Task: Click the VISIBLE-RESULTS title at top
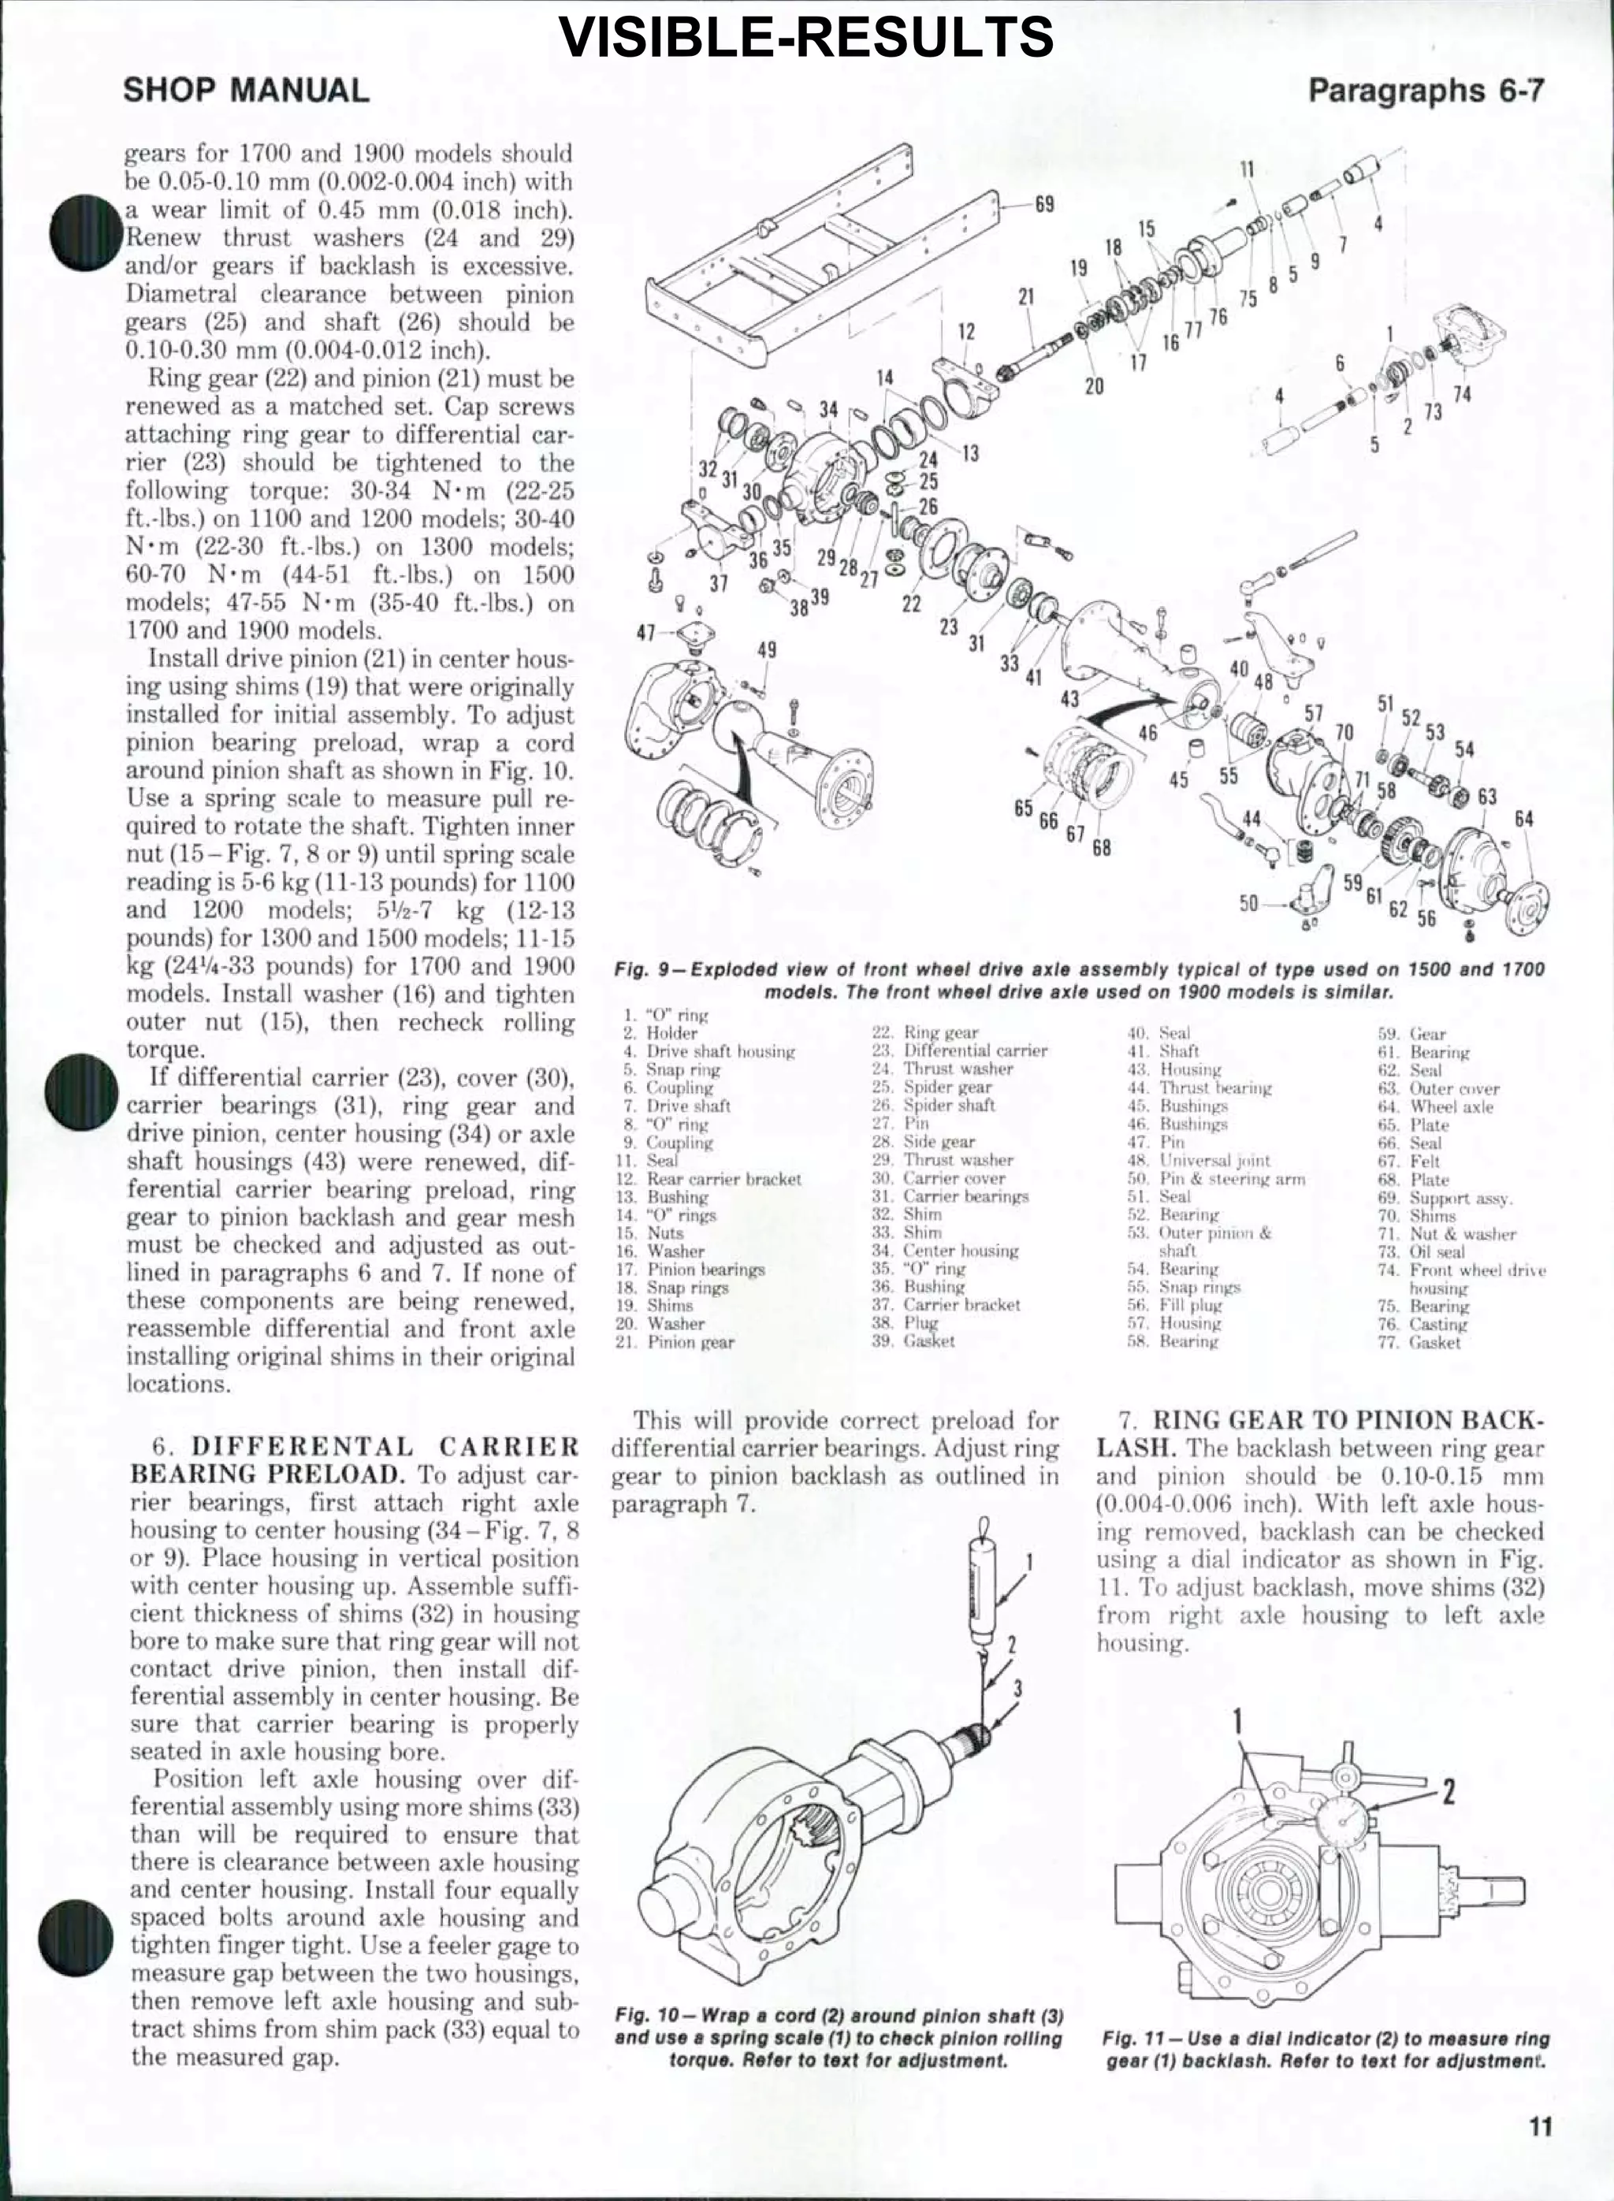[806, 36]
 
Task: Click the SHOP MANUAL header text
[246, 91]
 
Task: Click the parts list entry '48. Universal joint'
[1214, 1161]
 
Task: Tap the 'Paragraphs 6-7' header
[1426, 91]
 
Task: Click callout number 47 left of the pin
[645, 632]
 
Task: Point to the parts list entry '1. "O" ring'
[664, 1015]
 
